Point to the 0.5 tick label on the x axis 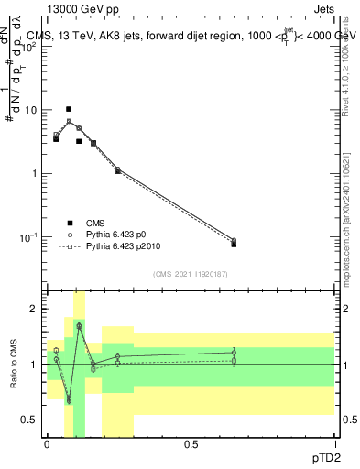click(191, 443)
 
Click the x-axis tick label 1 click(334, 443)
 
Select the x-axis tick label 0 click(47, 443)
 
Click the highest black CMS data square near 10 click(69, 109)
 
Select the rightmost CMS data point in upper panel click(234, 244)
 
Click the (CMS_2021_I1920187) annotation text click(189, 273)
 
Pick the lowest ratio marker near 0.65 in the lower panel click(69, 400)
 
